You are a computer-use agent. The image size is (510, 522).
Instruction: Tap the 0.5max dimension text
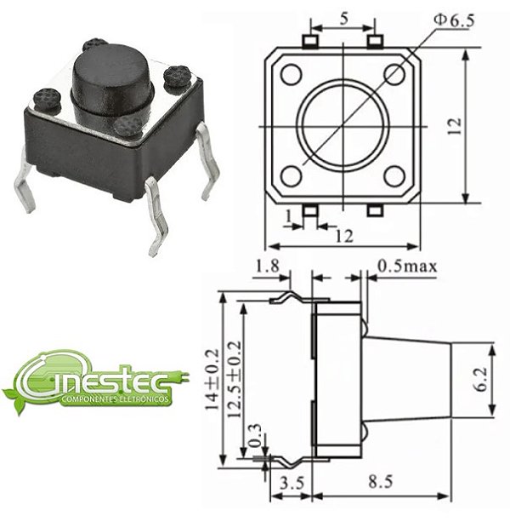click(x=407, y=267)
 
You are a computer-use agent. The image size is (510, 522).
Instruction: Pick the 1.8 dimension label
click(x=264, y=267)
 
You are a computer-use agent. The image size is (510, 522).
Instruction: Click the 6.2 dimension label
click(x=481, y=380)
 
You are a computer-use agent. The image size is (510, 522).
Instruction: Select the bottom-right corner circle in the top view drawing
click(x=394, y=176)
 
